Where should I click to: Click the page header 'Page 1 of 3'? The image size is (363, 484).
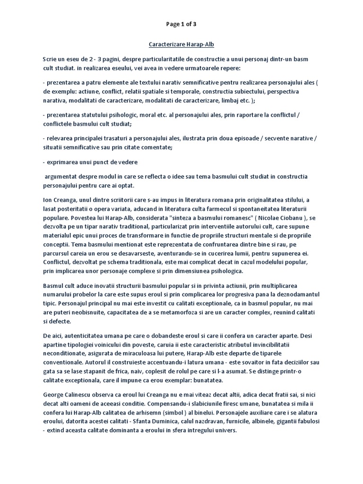click(x=181, y=24)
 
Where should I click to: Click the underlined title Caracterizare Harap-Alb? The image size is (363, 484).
click(x=181, y=44)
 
